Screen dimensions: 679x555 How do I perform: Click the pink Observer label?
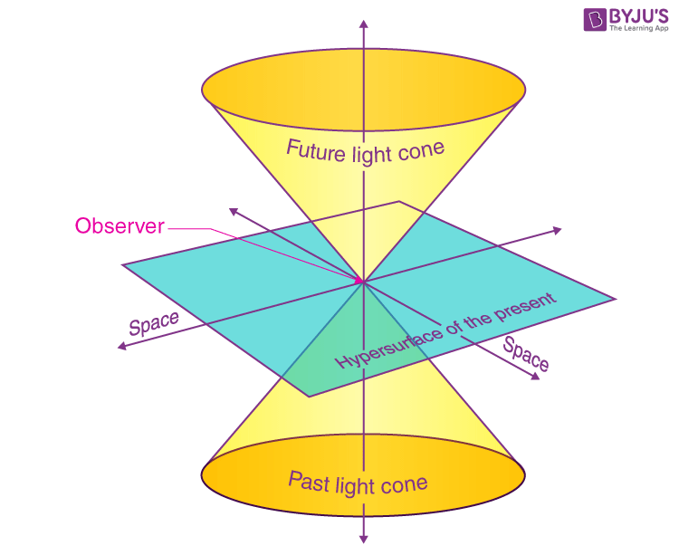click(120, 226)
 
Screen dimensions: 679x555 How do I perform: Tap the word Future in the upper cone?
click(316, 151)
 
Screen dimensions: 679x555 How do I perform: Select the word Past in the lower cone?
click(309, 482)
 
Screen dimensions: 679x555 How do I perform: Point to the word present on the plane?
click(525, 307)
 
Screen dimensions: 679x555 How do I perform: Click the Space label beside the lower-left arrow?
click(154, 323)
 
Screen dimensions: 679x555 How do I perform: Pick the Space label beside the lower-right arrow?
click(526, 354)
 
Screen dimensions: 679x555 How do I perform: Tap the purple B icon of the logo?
click(595, 20)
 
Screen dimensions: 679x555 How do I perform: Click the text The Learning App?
click(639, 28)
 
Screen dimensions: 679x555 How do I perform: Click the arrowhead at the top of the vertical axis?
click(364, 24)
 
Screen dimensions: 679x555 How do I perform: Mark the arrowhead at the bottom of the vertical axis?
click(364, 538)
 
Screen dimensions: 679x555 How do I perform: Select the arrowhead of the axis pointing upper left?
click(234, 212)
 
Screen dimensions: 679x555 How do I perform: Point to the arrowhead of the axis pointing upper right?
click(557, 231)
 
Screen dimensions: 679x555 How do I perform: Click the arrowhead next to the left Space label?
click(122, 346)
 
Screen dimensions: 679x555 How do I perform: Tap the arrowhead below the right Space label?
click(536, 377)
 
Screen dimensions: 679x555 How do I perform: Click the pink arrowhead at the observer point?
click(359, 281)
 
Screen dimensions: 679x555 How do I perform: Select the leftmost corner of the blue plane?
click(122, 264)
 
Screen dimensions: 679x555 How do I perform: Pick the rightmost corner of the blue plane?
click(616, 299)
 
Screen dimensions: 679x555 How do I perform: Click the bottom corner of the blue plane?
click(309, 397)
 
